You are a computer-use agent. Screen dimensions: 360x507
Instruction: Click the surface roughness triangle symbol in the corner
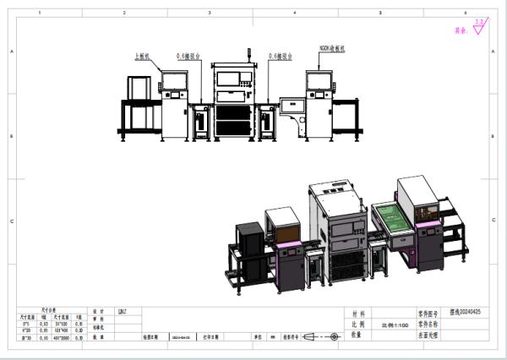point(479,28)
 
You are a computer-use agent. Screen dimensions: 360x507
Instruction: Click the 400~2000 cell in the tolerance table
point(62,336)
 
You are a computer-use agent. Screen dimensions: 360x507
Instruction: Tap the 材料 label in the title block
point(357,311)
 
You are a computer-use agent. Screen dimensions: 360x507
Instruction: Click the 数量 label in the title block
point(357,335)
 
